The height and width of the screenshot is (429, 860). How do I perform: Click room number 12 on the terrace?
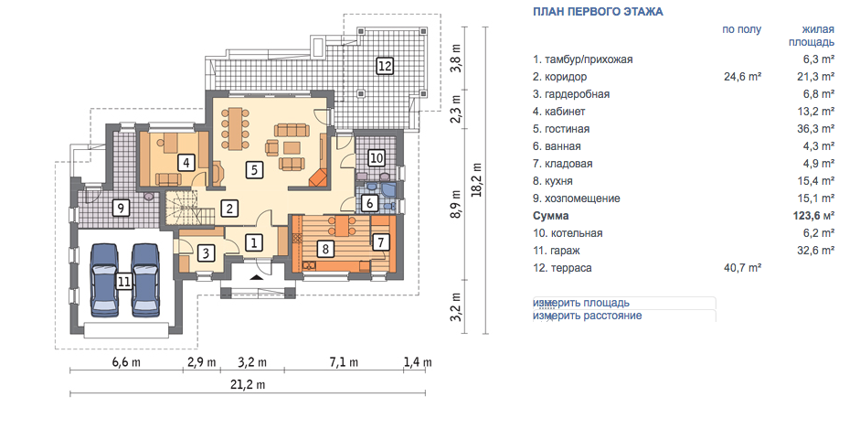(385, 67)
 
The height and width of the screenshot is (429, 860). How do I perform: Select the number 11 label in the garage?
(124, 282)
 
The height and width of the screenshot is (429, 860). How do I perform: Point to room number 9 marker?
(120, 208)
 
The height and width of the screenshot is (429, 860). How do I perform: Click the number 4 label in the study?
(186, 163)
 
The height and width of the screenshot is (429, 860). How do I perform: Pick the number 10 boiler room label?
(376, 158)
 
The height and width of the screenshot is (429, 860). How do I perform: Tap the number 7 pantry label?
(380, 241)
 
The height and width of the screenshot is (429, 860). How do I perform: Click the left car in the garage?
(103, 280)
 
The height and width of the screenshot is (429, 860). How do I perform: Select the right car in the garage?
(145, 280)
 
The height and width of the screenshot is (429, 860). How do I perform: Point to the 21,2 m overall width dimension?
(249, 384)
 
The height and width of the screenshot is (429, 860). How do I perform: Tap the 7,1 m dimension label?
(343, 362)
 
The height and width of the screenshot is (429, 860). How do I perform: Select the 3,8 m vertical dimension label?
(456, 58)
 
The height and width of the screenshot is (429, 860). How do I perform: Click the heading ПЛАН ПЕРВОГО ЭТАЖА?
(598, 12)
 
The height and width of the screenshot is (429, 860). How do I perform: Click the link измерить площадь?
(581, 303)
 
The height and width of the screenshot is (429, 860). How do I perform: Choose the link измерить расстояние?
(588, 316)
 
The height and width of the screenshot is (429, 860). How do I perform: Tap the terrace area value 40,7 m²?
(743, 268)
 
